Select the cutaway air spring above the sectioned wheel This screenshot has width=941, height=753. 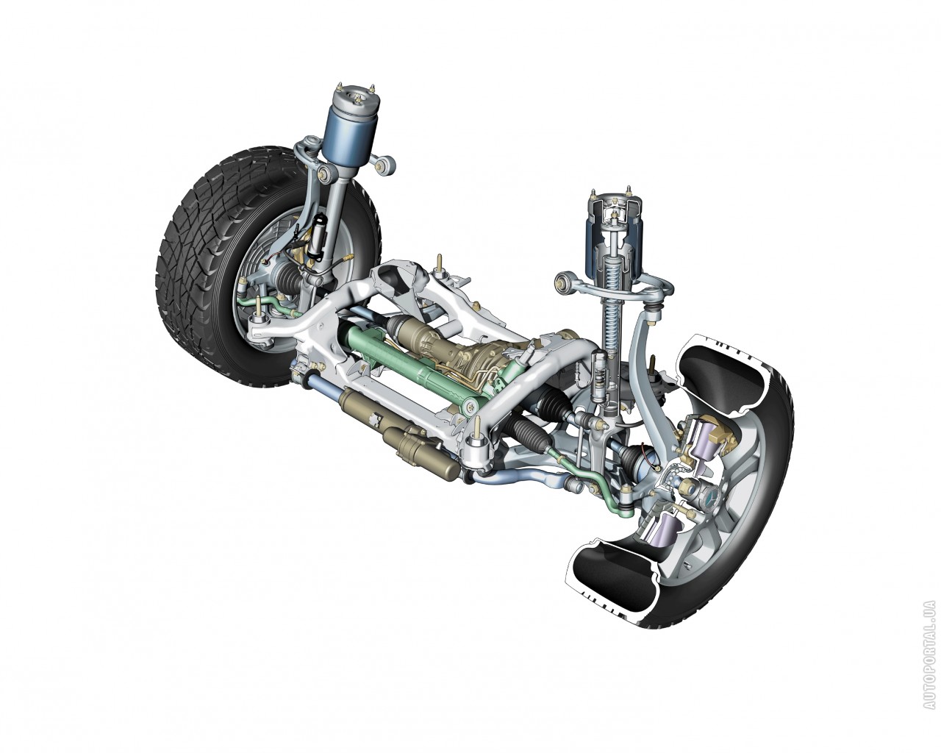click(615, 238)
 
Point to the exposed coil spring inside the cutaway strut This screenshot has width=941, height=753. click(612, 319)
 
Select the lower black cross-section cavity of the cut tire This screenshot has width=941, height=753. click(612, 573)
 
